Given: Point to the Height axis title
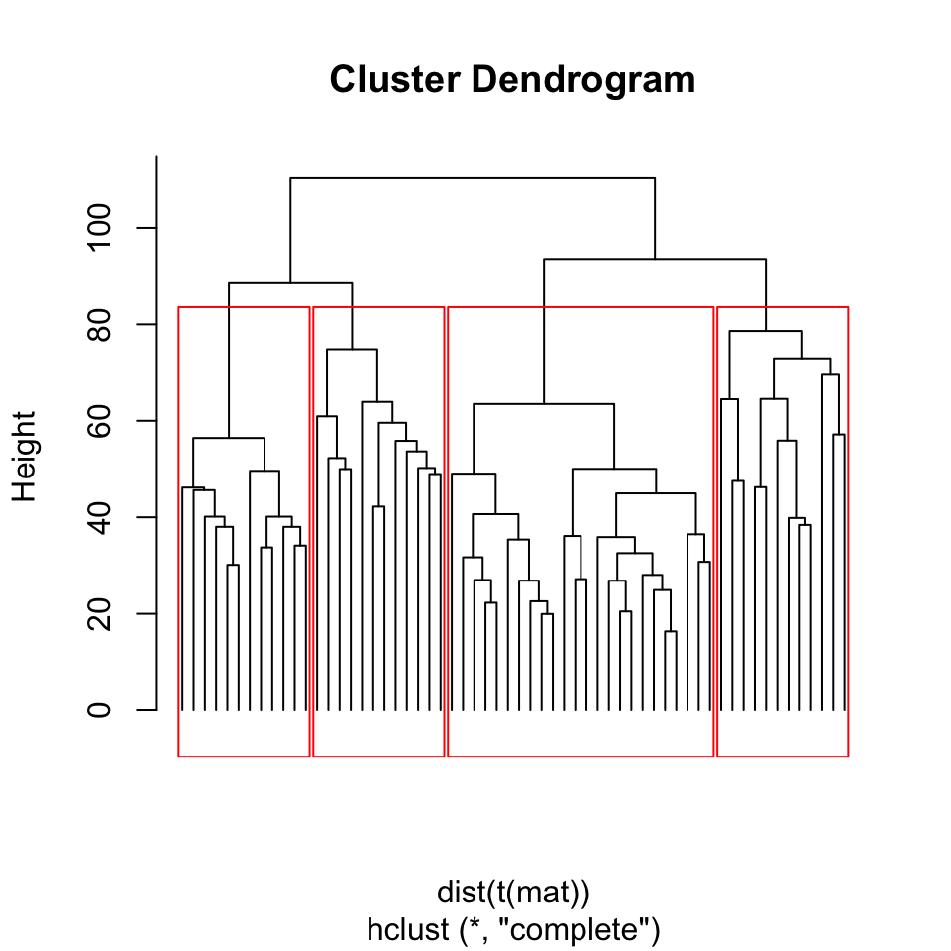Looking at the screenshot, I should pos(24,457).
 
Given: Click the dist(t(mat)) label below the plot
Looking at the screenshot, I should pos(513,892).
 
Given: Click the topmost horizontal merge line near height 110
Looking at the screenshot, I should pos(473,178).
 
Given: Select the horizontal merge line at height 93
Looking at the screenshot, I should pos(655,259).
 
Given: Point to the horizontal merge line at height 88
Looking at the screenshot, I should pos(290,283).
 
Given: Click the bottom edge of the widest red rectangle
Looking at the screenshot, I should pos(581,756).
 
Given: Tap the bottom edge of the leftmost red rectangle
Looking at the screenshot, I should pos(244,756).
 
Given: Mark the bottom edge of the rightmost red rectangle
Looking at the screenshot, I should pos(783,756).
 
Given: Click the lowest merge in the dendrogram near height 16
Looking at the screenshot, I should pos(671,631).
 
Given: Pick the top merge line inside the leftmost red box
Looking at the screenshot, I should pos(229,438).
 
